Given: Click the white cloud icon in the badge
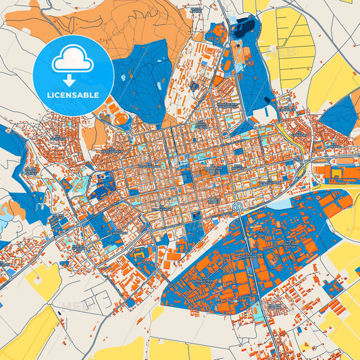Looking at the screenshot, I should click(72, 61).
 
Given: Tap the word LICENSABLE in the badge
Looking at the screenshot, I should click(73, 95).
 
